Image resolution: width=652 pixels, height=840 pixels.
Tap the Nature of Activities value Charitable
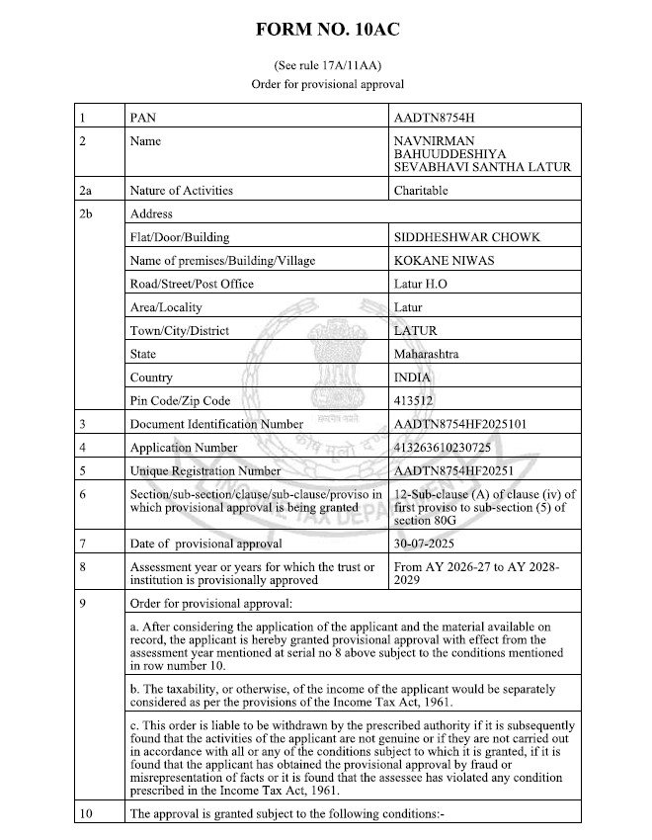pos(422,190)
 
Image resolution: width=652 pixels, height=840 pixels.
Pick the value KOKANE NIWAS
pos(441,260)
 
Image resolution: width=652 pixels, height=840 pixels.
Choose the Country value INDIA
pos(412,378)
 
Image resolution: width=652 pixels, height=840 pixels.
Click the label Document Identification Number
pos(216,424)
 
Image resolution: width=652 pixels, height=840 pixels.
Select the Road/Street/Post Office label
pos(192,284)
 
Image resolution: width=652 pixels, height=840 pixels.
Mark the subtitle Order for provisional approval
pos(327,85)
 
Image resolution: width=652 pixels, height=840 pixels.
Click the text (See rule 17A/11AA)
pos(327,66)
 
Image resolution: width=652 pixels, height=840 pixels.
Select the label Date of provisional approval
pos(206,544)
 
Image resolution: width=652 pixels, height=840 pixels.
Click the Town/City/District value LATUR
pos(415,331)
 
